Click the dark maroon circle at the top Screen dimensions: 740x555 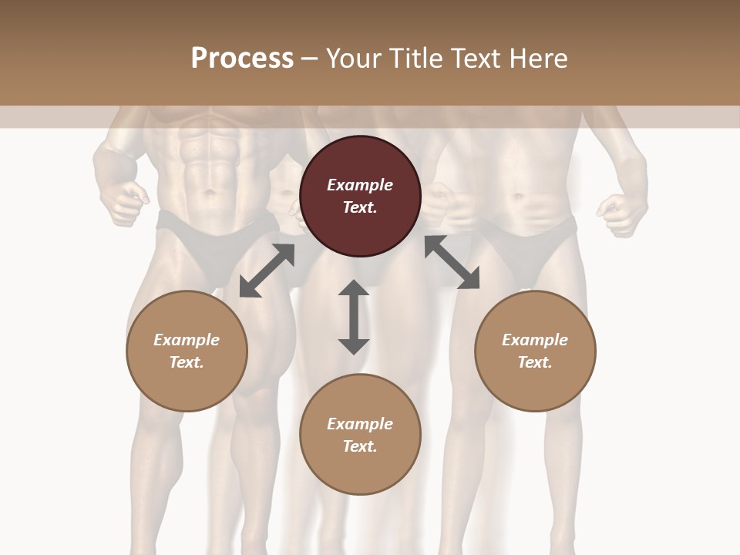(x=360, y=197)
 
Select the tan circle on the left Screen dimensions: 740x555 (x=187, y=351)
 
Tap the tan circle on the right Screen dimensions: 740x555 (x=535, y=351)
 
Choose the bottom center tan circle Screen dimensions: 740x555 (x=360, y=435)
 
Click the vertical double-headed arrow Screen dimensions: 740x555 (x=354, y=317)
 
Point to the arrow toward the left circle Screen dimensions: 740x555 (x=267, y=271)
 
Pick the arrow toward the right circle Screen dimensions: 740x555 (x=452, y=262)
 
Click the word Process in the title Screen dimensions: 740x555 (x=242, y=58)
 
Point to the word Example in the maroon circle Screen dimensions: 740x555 (x=360, y=185)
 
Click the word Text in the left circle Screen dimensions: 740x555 (x=186, y=362)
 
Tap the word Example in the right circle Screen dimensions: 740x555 (x=535, y=339)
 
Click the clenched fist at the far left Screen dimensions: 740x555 (x=123, y=202)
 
